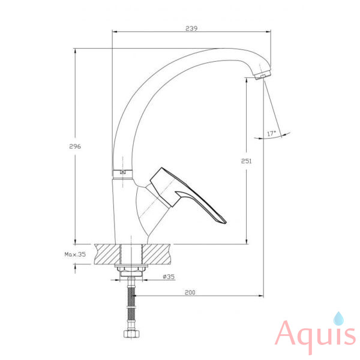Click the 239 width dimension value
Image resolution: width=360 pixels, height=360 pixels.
(191, 28)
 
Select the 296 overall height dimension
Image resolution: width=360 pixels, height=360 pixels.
(75, 146)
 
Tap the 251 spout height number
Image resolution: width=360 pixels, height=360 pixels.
(247, 161)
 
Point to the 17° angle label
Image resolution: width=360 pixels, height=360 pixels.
(271, 133)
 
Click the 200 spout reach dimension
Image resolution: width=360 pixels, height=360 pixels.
(190, 292)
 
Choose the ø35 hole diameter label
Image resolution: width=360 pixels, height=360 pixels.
(169, 277)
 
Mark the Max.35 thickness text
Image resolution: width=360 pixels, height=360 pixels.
(75, 254)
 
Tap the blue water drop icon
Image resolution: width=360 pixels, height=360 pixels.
(338, 319)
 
